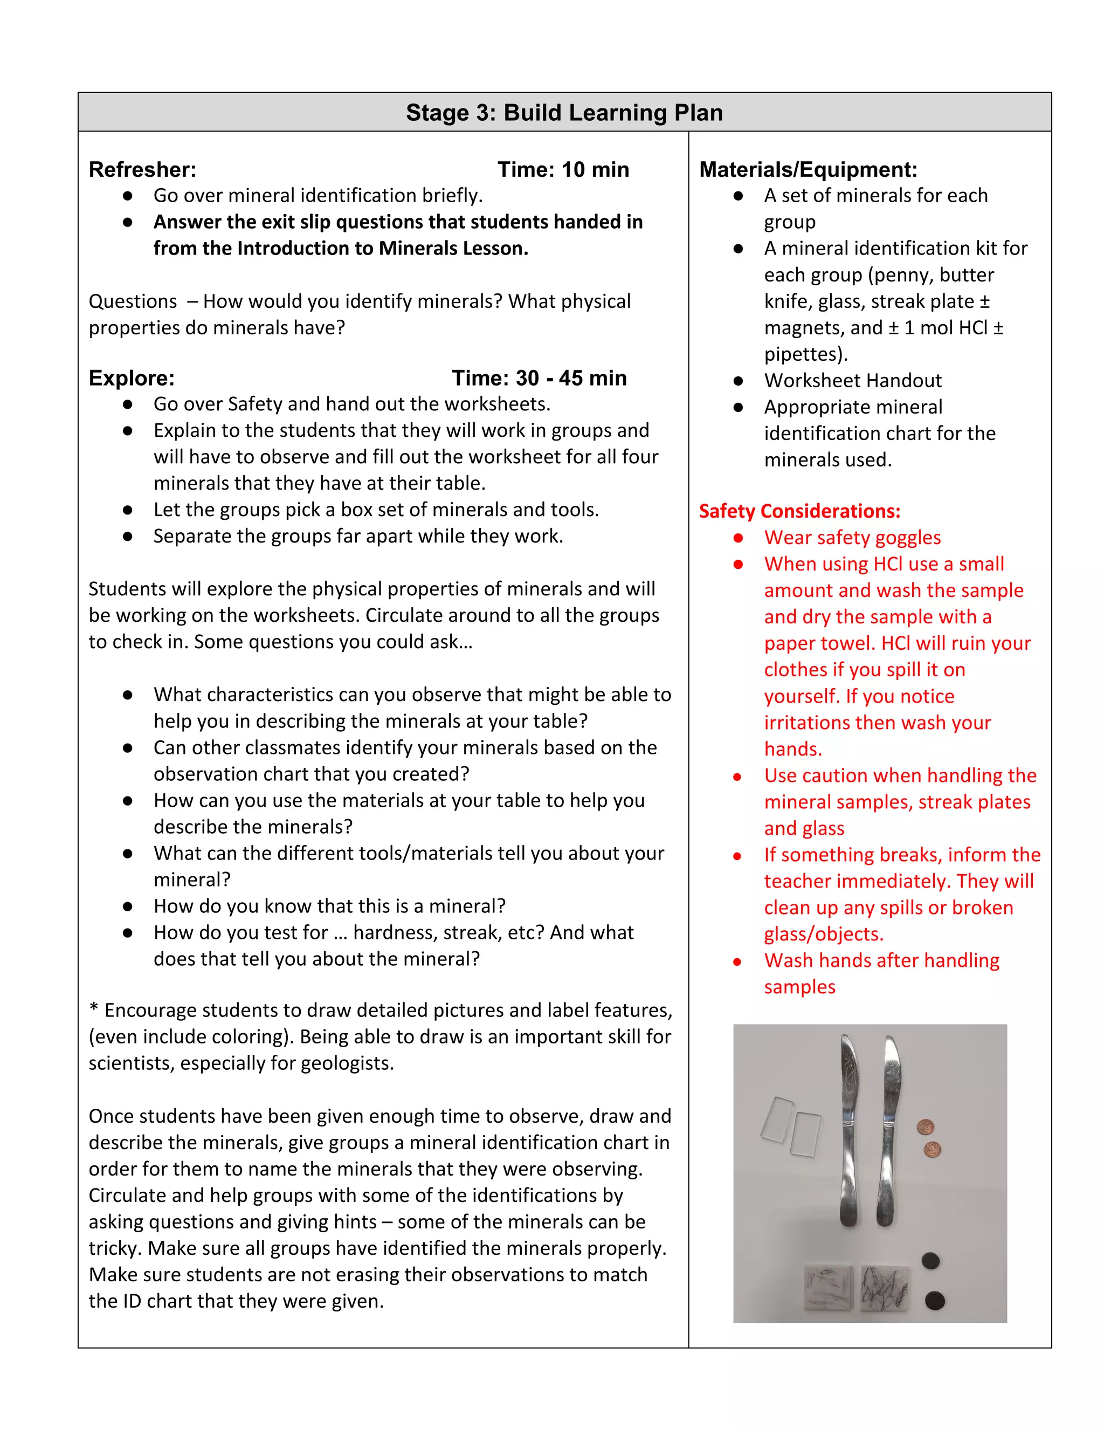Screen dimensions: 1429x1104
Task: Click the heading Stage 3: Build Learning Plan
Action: point(564,113)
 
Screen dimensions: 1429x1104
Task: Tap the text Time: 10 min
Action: point(563,169)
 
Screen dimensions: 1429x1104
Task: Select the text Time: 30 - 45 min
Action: point(539,378)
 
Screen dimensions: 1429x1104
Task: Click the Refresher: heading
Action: point(142,169)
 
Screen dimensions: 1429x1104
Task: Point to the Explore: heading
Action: point(132,378)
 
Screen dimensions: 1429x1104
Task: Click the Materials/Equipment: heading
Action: point(808,169)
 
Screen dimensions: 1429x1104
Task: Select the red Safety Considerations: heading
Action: point(799,511)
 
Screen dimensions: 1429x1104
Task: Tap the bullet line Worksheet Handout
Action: point(852,381)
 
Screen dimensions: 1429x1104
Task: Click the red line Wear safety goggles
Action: point(852,538)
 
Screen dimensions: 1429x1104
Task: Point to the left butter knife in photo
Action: point(849,1132)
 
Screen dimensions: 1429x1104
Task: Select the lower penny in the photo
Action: point(932,1149)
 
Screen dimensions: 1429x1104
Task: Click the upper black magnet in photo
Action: point(930,1260)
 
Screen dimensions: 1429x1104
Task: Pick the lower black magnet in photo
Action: point(935,1301)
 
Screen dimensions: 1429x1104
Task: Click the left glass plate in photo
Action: point(777,1119)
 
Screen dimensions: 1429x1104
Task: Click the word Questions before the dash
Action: point(133,301)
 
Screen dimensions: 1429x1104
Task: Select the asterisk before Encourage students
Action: point(93,1008)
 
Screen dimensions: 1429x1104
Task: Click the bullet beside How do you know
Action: point(128,907)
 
